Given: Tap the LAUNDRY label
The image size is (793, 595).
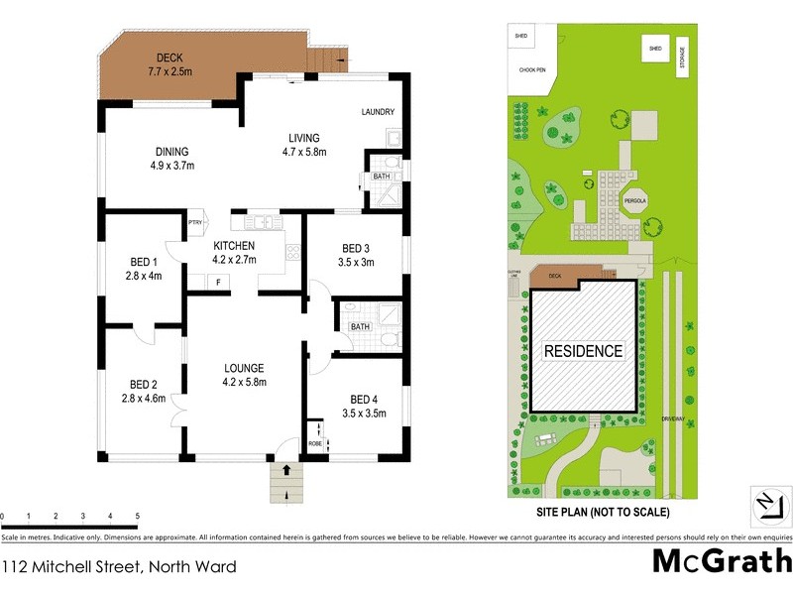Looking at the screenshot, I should coord(379,112).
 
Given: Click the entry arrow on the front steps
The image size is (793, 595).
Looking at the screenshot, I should coord(286,470).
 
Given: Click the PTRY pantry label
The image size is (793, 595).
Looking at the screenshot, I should coord(195,223).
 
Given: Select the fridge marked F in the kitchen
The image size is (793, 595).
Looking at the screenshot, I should coord(217,283).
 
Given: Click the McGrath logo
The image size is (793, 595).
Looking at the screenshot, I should coord(721,561).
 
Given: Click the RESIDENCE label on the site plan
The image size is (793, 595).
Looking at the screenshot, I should coord(582,351).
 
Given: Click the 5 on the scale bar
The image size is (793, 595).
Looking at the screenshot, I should coord(137,517).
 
